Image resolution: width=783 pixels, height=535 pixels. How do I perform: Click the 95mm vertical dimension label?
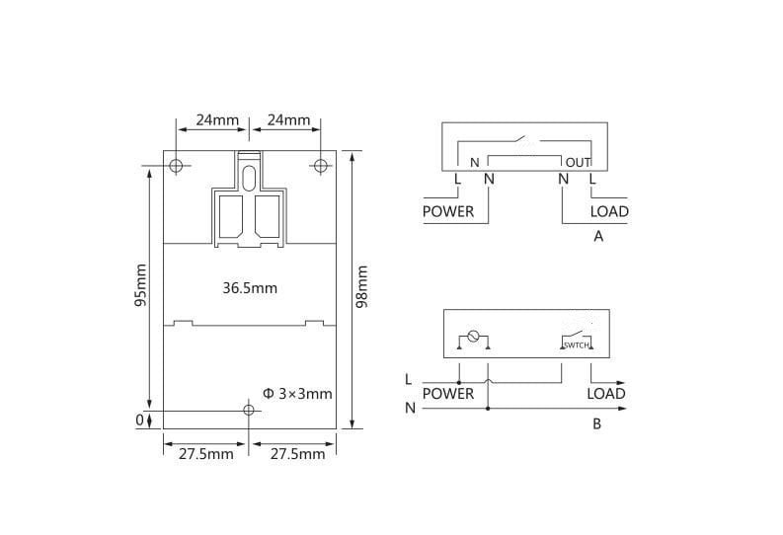pos(141,285)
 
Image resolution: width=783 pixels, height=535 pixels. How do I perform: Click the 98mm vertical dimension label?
pos(362,286)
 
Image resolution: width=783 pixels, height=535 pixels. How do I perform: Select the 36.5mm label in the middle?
pos(250,288)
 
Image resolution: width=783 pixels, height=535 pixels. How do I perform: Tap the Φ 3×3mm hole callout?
pos(297,394)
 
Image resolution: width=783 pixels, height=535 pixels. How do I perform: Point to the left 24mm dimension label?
pos(217,119)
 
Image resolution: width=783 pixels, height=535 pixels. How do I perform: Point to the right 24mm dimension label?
pos(288,119)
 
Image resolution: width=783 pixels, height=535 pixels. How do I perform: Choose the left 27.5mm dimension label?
pos(206,454)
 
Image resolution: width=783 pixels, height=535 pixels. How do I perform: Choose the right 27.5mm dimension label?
pos(297,454)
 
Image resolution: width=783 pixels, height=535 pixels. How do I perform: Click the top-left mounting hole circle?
pos(176,159)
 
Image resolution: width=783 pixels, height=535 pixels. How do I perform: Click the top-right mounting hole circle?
pos(321,159)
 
